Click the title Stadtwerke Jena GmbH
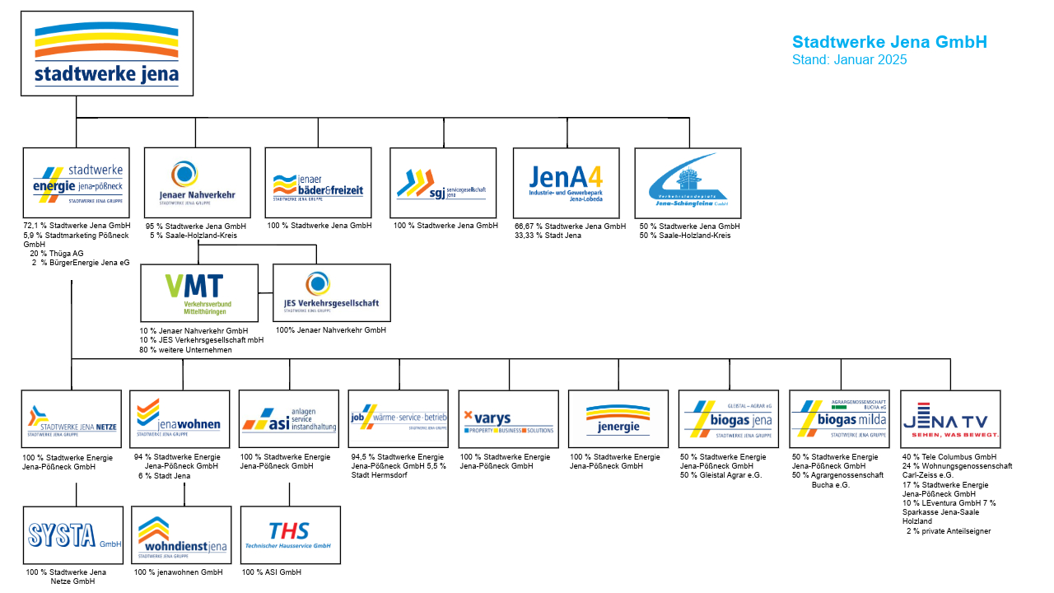889,42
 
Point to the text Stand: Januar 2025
849,60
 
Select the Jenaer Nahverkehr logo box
198,183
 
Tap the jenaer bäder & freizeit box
318,183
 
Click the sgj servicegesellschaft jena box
443,183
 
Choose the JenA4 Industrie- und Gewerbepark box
566,183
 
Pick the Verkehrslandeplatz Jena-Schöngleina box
688,183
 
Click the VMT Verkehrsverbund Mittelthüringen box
199,292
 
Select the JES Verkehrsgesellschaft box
331,292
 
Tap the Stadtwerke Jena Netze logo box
72,418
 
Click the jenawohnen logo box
180,418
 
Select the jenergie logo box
618,418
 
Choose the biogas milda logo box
839,418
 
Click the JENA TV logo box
950,418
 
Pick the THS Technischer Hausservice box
290,535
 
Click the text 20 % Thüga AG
57,254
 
